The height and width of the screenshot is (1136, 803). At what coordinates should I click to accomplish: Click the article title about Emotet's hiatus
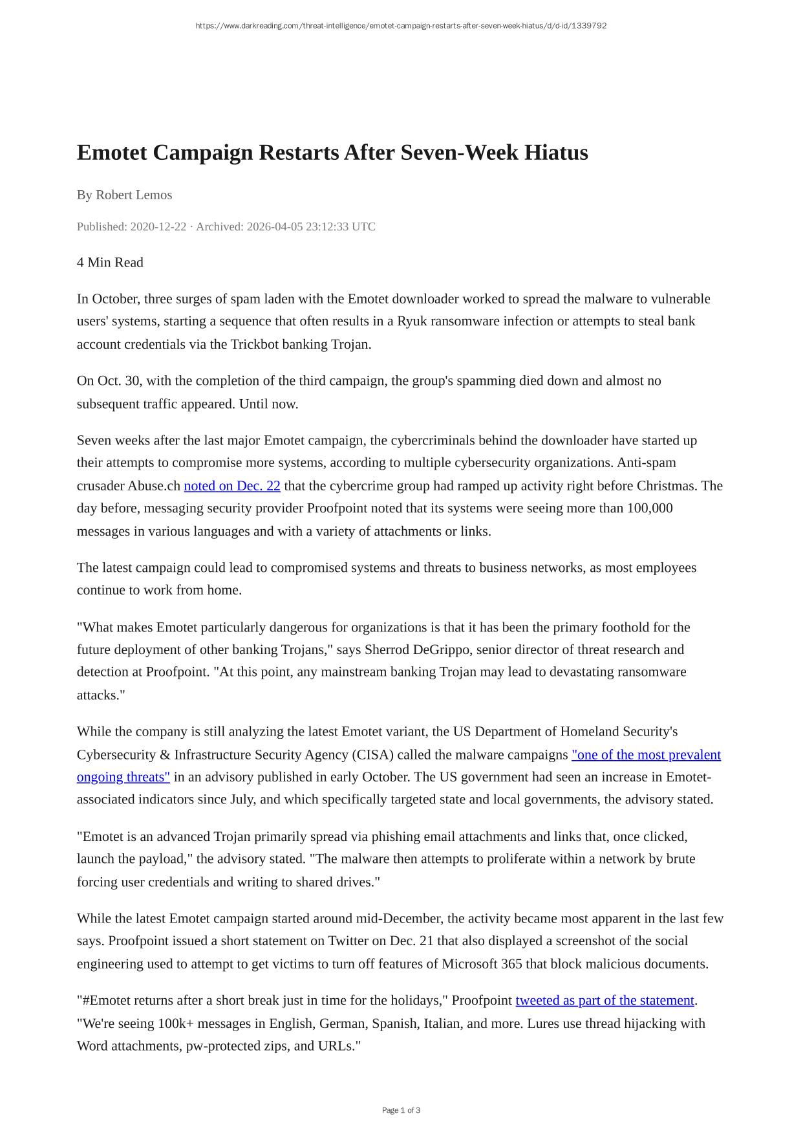(x=332, y=153)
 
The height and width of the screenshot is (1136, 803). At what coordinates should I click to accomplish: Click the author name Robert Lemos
(x=133, y=195)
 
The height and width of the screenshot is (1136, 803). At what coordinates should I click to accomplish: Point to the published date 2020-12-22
(x=158, y=226)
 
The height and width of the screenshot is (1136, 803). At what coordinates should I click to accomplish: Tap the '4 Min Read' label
(x=110, y=262)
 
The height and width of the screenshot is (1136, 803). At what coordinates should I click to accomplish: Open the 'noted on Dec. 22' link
(x=232, y=486)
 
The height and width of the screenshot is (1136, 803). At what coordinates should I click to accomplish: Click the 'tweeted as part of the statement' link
(x=605, y=1000)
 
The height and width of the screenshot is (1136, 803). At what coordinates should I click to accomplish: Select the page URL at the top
(x=401, y=26)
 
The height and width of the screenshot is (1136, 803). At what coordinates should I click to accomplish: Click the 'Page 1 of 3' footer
(x=401, y=1110)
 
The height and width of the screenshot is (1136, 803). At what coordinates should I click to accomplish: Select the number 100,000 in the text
(x=650, y=508)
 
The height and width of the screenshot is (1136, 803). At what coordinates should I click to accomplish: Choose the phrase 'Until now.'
(x=269, y=404)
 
